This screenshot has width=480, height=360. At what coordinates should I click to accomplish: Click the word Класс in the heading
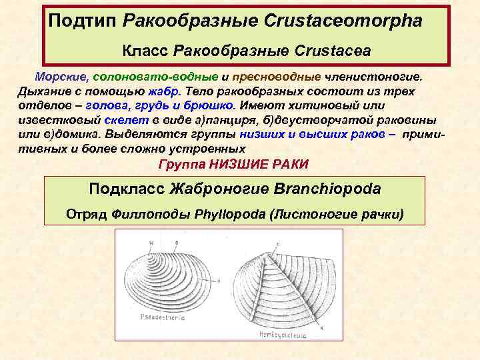(x=145, y=51)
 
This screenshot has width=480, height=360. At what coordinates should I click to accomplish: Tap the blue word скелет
(x=123, y=120)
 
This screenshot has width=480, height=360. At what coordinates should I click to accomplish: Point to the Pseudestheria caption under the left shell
(x=163, y=318)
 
